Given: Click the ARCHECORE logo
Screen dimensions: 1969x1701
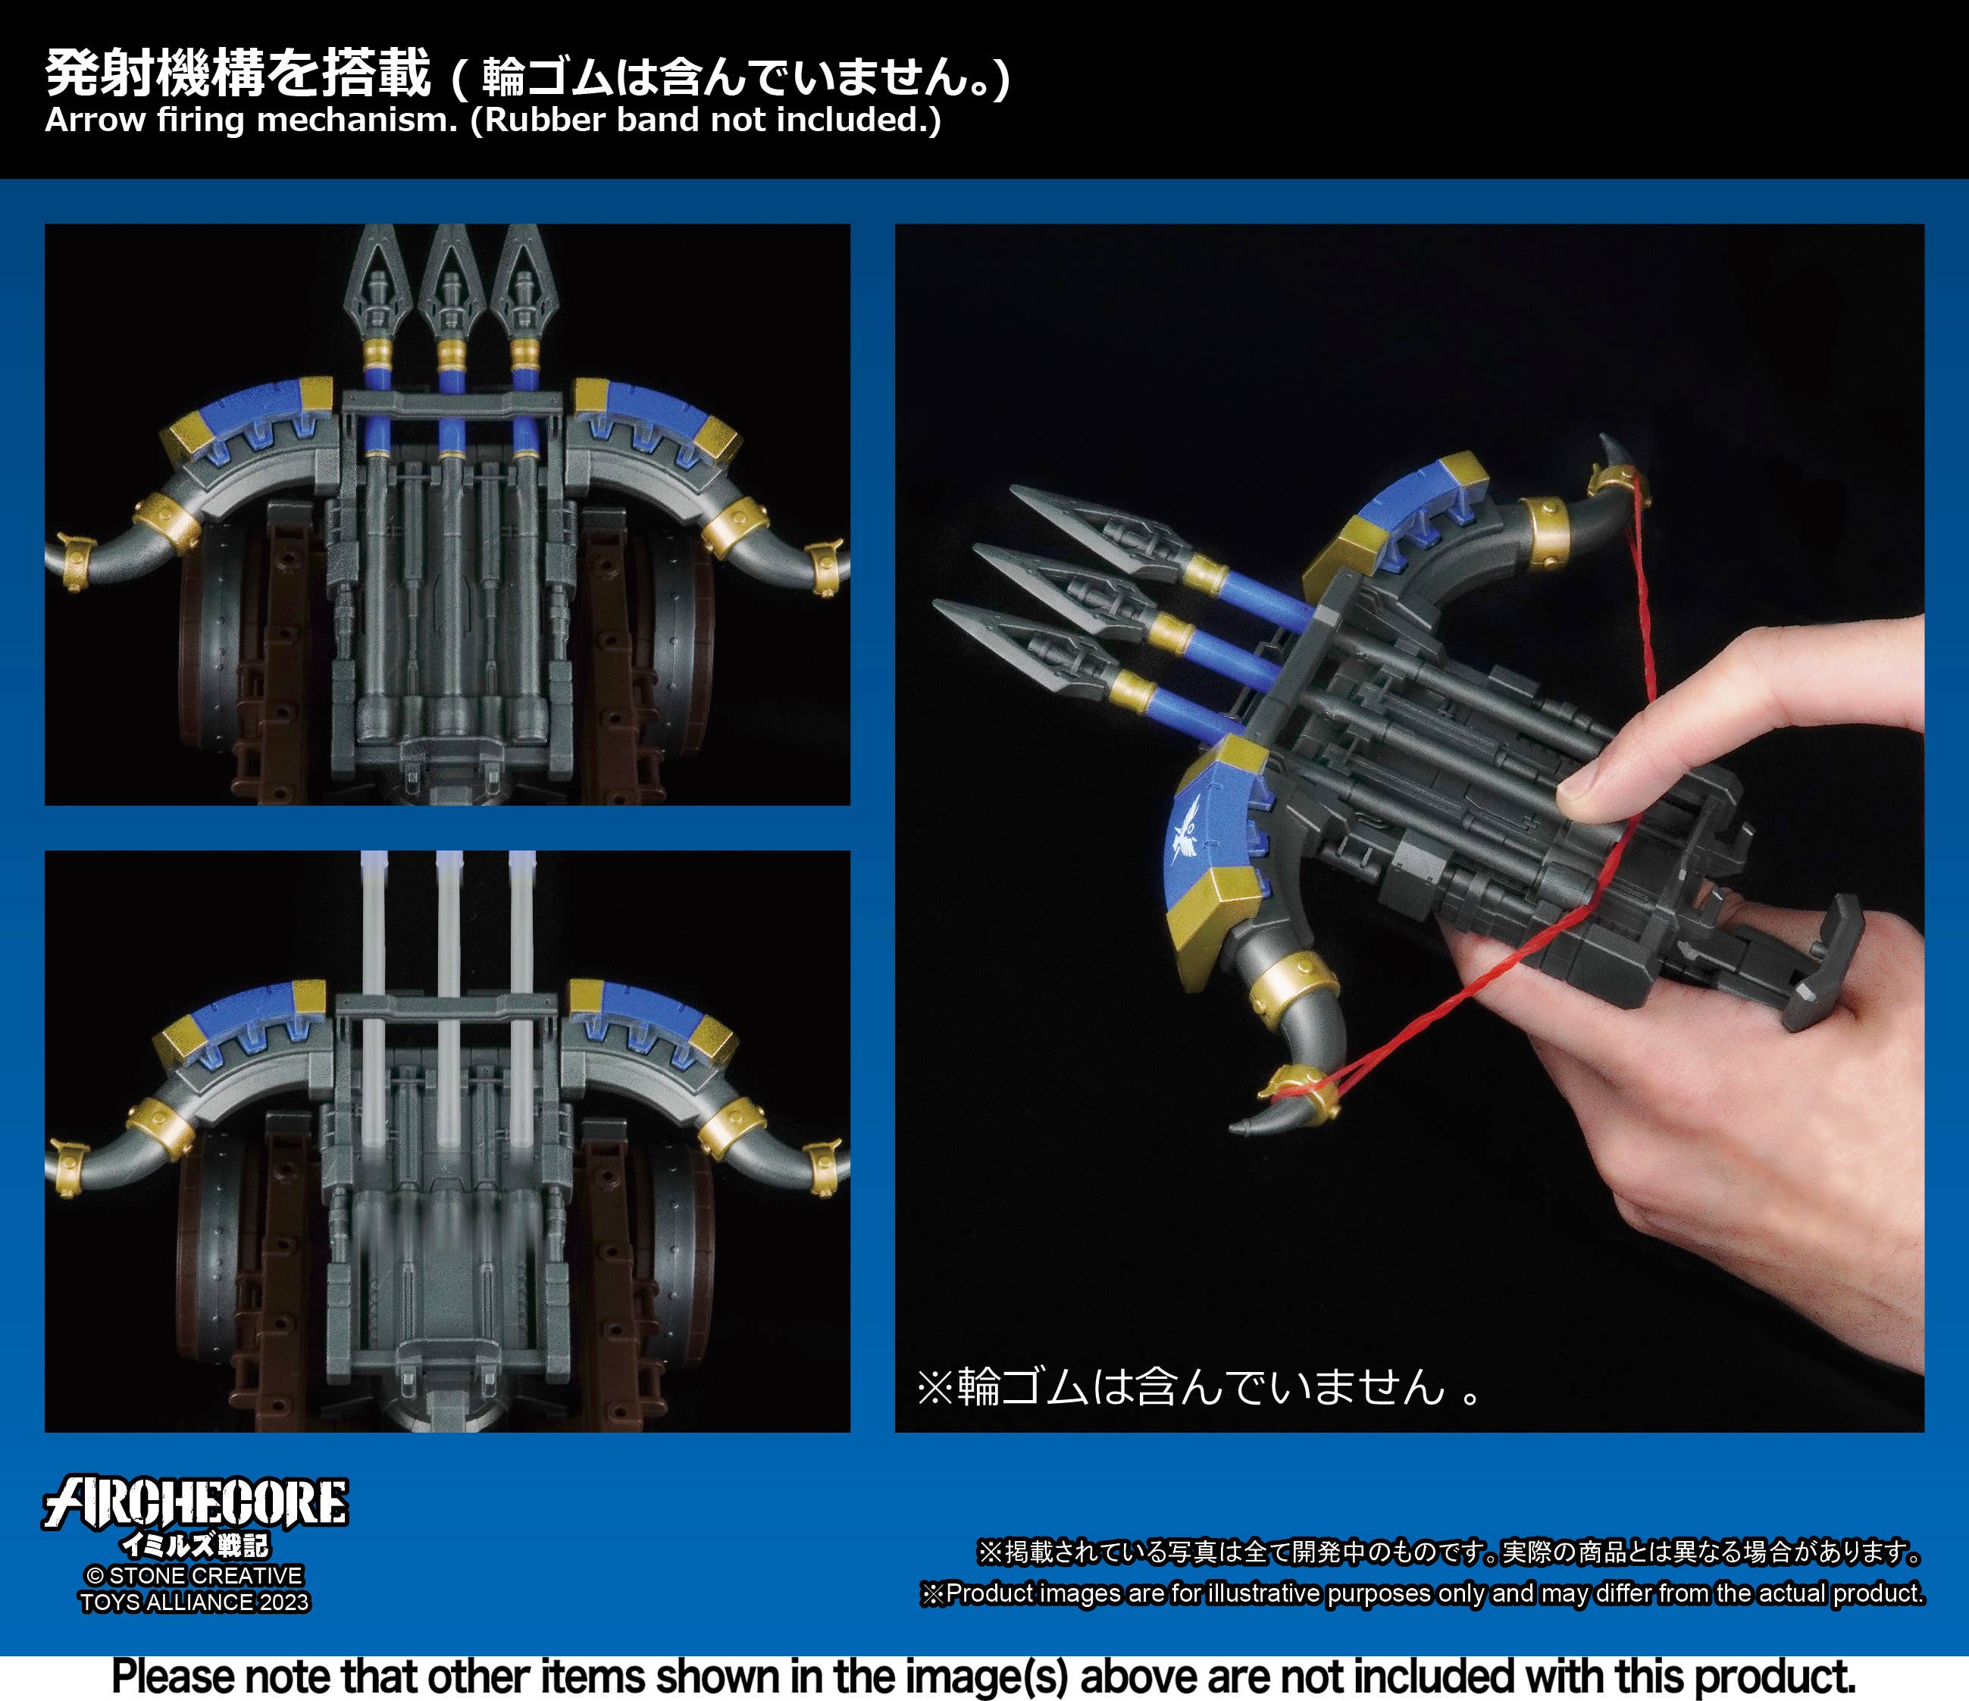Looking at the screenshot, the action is tap(195, 1502).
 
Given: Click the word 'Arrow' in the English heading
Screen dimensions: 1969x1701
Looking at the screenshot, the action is tap(94, 121).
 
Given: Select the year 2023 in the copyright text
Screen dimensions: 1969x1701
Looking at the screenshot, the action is tap(284, 1602).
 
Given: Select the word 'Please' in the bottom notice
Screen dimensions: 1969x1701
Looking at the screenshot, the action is tap(172, 1675).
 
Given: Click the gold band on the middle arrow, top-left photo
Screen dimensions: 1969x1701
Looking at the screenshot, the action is tap(450, 355).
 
